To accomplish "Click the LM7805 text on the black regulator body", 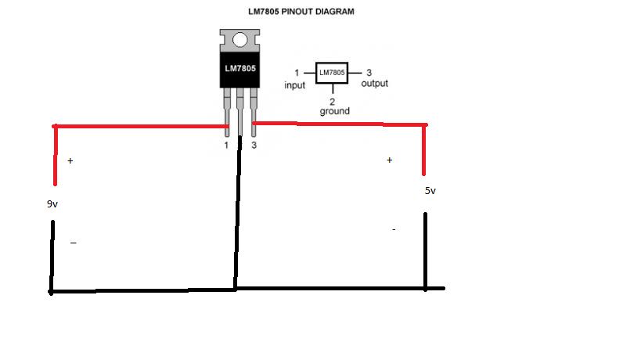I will coord(240,69).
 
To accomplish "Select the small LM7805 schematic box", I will coord(331,73).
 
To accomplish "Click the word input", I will coord(295,85).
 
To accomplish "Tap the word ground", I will coord(334,111).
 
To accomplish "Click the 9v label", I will coord(53,203).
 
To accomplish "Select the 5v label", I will coord(430,190).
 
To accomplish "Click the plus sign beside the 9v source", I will coord(70,161).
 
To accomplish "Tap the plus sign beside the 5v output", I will coord(389,160).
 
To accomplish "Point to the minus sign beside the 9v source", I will coord(73,243).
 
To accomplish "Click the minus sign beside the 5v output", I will coord(394,230).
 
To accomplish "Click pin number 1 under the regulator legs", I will coord(226,145).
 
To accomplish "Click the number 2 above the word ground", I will coord(333,102).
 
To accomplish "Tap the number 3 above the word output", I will coord(369,73).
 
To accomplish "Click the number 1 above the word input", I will coord(297,73).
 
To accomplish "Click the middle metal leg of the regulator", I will coord(240,110).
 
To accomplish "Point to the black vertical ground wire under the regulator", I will coord(236,219).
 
